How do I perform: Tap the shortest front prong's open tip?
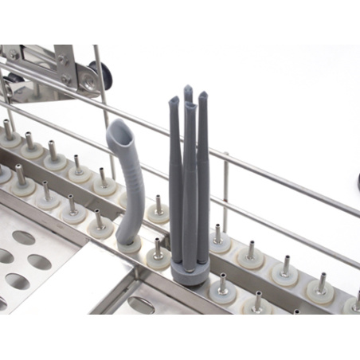(189, 107)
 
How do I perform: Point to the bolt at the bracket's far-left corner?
(12, 55)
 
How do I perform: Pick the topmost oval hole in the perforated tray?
(24, 237)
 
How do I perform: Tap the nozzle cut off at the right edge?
(355, 299)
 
